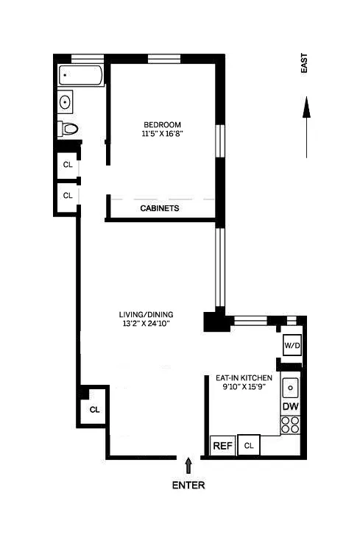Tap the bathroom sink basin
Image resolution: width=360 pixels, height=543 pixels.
[66, 102]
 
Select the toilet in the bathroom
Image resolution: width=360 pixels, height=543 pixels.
[69, 129]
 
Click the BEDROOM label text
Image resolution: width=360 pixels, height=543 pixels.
[162, 124]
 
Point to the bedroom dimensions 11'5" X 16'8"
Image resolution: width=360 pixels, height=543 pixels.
[162, 135]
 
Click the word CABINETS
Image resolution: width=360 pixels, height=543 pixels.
[160, 208]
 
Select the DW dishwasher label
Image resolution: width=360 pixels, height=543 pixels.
[290, 406]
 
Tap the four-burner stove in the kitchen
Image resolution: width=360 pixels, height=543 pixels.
[290, 425]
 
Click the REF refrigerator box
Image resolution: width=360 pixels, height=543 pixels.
[222, 445]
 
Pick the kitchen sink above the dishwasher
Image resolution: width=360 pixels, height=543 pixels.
[290, 387]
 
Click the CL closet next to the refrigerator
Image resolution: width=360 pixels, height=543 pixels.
[249, 445]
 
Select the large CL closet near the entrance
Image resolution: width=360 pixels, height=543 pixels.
[94, 409]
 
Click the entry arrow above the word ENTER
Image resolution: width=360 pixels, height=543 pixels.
[188, 465]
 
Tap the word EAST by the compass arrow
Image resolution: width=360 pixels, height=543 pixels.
[305, 65]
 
